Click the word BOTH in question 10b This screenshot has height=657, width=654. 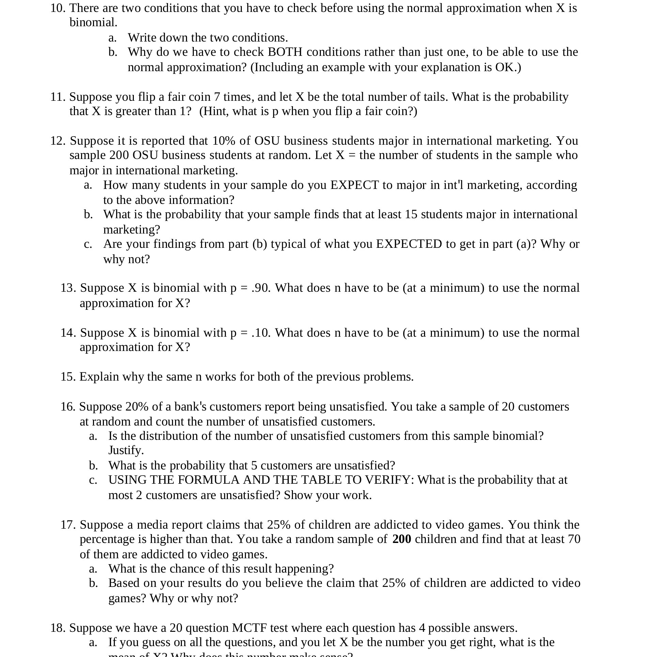285,52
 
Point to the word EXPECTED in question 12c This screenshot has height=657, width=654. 409,244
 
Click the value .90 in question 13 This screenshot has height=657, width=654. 261,288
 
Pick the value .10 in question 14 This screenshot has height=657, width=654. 261,333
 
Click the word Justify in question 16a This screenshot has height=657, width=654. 125,450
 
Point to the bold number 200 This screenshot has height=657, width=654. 402,539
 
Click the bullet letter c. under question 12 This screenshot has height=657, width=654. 88,244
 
